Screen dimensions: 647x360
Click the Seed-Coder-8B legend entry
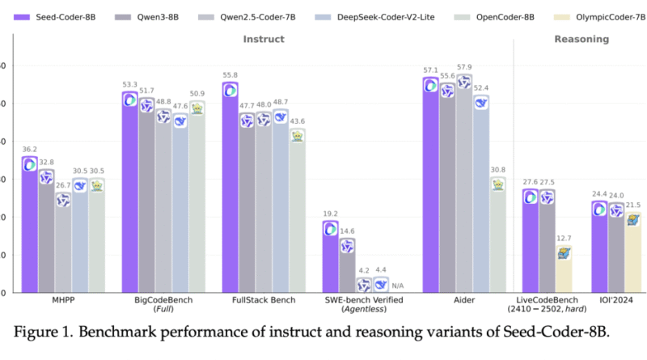tap(54, 17)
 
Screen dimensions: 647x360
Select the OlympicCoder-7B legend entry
tap(599, 17)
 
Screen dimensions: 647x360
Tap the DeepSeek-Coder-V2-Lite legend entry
tap(374, 17)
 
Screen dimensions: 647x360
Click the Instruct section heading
tap(264, 39)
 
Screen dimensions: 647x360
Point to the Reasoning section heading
tap(581, 39)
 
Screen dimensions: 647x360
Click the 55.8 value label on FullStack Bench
tap(230, 75)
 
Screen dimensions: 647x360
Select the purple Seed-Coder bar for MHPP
tap(30, 225)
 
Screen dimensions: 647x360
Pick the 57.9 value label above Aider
tap(464, 67)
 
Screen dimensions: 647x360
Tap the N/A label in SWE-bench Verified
tap(398, 286)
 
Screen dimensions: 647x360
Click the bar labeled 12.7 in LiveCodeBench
tap(564, 269)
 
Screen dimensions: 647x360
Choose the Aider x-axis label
tap(464, 300)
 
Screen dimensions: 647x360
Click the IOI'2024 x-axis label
tap(616, 300)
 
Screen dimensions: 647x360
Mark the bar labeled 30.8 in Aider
tap(498, 235)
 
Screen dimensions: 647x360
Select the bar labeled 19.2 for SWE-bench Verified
tap(331, 256)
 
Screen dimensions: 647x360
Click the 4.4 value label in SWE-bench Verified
tap(381, 270)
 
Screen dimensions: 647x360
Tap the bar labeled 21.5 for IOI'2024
tap(632, 252)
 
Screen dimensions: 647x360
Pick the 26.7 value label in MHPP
tap(63, 185)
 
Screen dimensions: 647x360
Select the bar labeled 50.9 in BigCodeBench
tap(197, 197)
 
